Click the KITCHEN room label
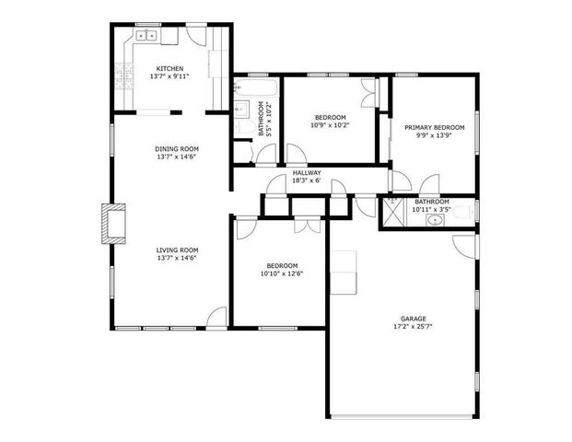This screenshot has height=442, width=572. [x=170, y=69]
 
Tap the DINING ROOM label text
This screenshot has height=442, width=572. [x=177, y=148]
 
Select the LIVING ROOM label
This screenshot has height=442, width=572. [x=177, y=250]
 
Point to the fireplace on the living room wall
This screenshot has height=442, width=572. [x=111, y=224]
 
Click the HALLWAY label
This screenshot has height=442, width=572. [x=307, y=172]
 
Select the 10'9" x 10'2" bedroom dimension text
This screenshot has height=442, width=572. [x=330, y=125]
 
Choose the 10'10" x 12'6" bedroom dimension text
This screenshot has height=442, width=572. [x=281, y=273]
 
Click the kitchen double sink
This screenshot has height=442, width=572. [x=147, y=36]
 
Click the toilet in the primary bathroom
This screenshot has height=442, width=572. [x=467, y=213]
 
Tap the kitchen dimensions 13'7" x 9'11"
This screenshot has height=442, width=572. [x=170, y=77]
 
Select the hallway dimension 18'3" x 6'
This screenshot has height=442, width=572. [x=307, y=180]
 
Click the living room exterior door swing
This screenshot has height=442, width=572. [x=216, y=318]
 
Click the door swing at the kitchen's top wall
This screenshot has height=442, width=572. [x=196, y=34]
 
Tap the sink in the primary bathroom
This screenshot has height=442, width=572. [x=433, y=221]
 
